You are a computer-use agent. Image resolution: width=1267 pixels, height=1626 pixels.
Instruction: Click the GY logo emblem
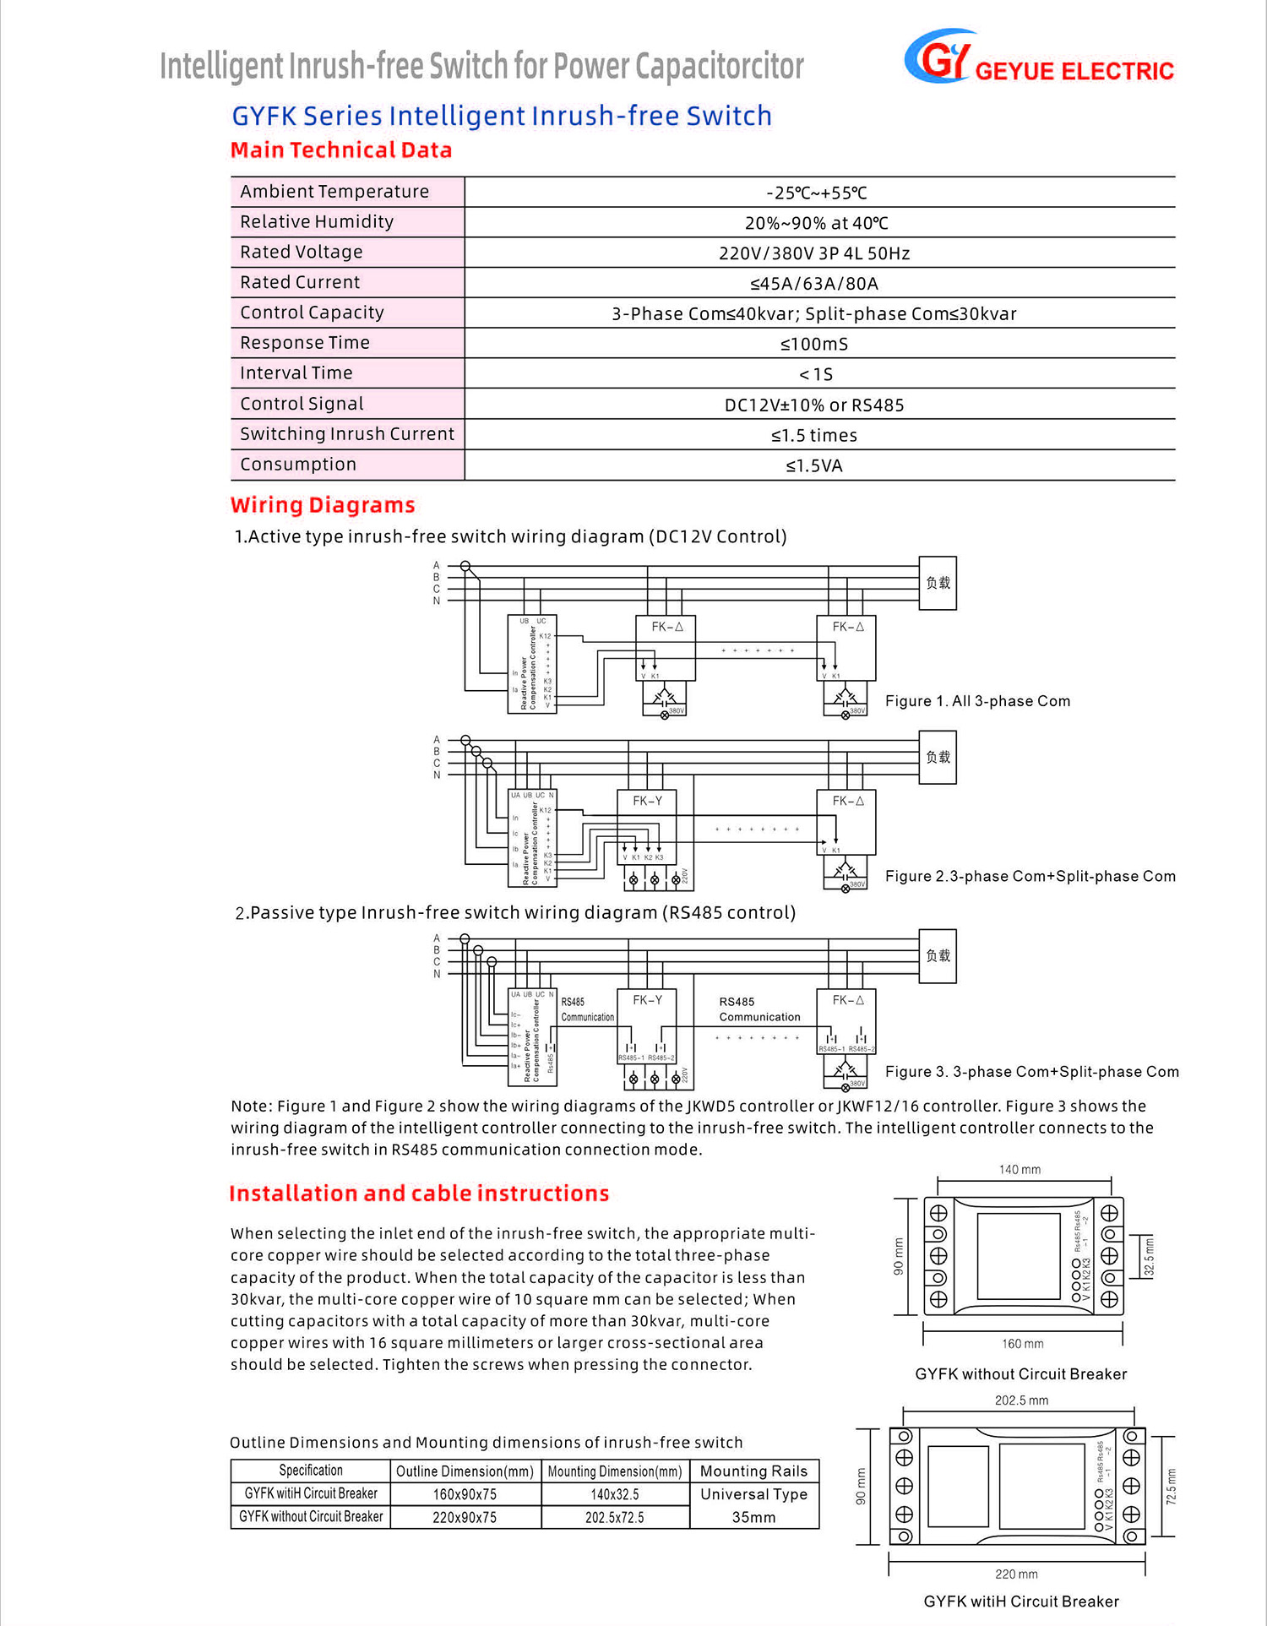pyautogui.click(x=938, y=57)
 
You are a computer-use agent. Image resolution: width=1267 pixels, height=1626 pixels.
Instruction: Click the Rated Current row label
pyautogui.click(x=300, y=282)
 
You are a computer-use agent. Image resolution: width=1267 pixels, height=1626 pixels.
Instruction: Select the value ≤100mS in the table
pyautogui.click(x=814, y=344)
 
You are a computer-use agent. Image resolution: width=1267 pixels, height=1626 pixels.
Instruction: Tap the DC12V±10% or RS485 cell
pyautogui.click(x=814, y=405)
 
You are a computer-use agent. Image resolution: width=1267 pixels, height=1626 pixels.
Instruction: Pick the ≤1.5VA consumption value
pyautogui.click(x=814, y=465)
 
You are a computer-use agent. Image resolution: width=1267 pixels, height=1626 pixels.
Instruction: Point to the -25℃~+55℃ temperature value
pyautogui.click(x=816, y=193)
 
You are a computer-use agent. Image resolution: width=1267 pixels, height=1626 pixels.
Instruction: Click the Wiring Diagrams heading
pyautogui.click(x=323, y=505)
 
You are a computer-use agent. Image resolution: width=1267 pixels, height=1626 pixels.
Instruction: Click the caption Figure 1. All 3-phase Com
pyautogui.click(x=977, y=701)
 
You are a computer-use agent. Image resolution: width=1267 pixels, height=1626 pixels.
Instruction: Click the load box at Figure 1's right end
pyautogui.click(x=938, y=583)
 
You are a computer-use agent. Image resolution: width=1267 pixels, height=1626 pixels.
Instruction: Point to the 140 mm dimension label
pyautogui.click(x=1020, y=1170)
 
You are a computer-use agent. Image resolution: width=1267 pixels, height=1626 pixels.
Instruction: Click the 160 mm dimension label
pyautogui.click(x=1022, y=1344)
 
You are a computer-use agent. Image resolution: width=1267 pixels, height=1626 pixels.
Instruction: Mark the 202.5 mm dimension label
pyautogui.click(x=1021, y=1400)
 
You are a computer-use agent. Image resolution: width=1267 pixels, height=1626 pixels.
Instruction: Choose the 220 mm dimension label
pyautogui.click(x=1016, y=1574)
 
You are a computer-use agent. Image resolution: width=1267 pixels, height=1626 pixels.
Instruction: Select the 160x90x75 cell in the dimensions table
pyautogui.click(x=465, y=1494)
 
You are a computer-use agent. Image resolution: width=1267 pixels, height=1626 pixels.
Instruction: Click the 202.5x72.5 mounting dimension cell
pyautogui.click(x=614, y=1518)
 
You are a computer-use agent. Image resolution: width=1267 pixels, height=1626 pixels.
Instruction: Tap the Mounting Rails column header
pyautogui.click(x=753, y=1471)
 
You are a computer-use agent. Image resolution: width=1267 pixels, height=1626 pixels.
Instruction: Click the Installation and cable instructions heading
pyautogui.click(x=419, y=1194)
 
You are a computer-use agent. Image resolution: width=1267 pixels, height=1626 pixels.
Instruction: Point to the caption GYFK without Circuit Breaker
pyautogui.click(x=1020, y=1374)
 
